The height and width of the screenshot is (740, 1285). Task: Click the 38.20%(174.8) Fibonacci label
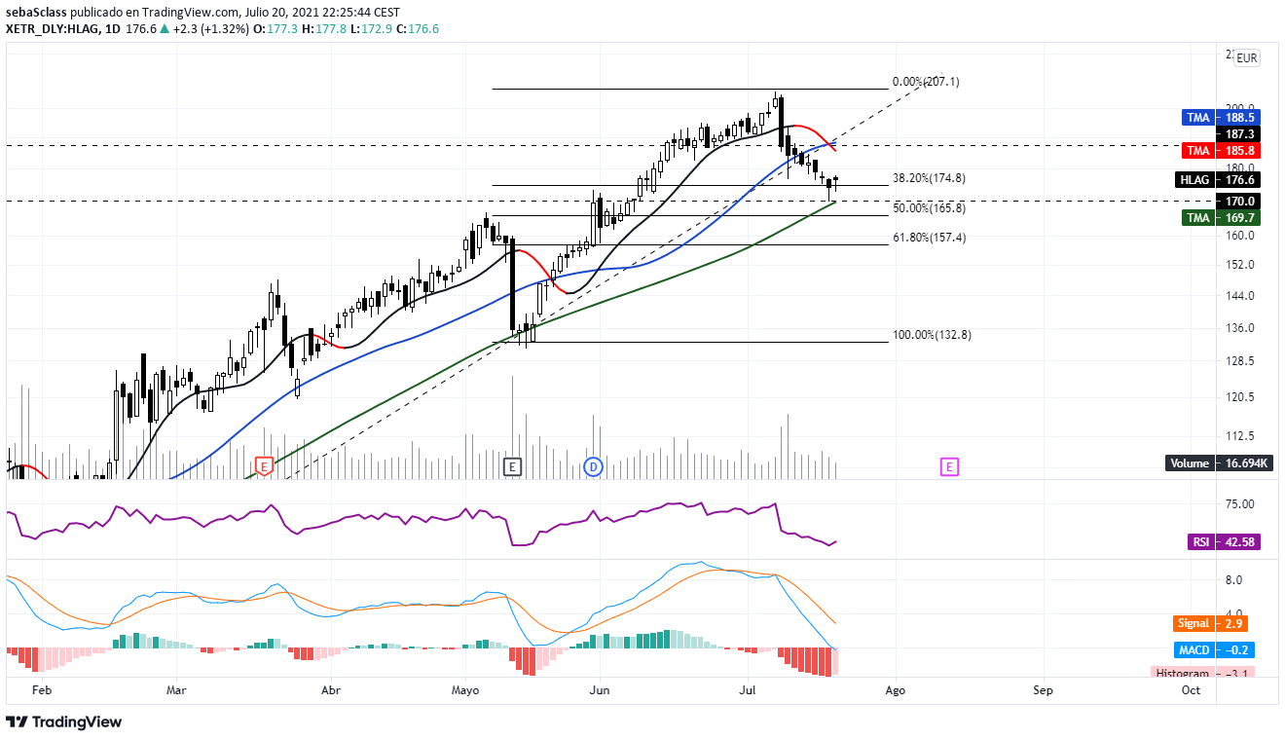click(x=929, y=178)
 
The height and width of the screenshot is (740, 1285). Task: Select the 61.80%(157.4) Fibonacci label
click(x=929, y=238)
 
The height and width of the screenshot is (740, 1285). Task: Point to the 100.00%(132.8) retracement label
click(x=932, y=335)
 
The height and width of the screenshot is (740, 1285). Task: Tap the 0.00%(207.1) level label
click(x=926, y=83)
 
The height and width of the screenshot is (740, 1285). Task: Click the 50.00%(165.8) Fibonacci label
click(x=929, y=208)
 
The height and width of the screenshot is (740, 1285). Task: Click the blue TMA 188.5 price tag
click(x=1222, y=118)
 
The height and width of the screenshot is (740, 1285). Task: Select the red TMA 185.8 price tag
click(x=1222, y=151)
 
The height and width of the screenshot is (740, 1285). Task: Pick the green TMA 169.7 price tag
click(x=1222, y=218)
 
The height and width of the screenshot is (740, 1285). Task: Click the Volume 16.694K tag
click(x=1218, y=463)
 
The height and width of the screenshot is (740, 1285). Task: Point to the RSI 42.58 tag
click(x=1224, y=542)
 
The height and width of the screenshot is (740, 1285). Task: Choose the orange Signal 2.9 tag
click(x=1211, y=623)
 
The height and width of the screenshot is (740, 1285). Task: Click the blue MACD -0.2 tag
click(x=1211, y=649)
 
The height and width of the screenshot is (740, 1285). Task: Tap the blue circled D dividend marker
click(x=593, y=467)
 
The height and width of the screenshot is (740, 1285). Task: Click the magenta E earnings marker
click(x=949, y=467)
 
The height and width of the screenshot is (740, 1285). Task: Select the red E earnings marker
click(x=263, y=466)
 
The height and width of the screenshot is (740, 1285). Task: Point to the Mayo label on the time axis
click(x=466, y=690)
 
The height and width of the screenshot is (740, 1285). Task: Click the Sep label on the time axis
click(x=1043, y=690)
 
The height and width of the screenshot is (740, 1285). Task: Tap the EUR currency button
click(x=1246, y=58)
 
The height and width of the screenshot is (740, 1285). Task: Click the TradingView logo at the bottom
click(x=64, y=722)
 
